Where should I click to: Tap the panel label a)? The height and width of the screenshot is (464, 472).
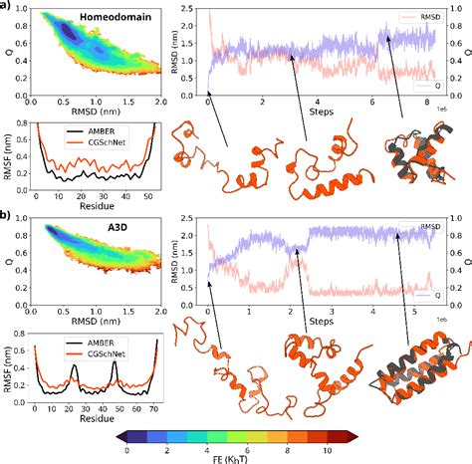pos(7,7)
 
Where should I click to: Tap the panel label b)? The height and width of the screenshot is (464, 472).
pos(7,214)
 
